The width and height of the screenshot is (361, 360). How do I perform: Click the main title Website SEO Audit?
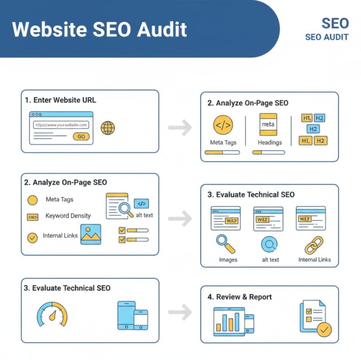99,30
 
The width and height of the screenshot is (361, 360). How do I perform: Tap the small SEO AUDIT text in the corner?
327,37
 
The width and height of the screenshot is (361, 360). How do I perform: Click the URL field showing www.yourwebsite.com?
61,125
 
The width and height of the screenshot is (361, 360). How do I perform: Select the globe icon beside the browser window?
108,128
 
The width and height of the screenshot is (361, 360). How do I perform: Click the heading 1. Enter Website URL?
61,100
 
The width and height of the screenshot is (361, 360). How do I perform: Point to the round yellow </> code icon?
223,125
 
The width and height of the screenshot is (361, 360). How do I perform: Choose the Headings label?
270,143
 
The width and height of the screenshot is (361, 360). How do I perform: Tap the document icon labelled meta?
268,124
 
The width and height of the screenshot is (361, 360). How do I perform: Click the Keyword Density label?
68,216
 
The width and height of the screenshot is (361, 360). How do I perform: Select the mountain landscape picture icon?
91,234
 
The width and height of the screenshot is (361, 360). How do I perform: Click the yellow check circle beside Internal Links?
33,238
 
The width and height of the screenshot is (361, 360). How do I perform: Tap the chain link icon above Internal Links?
314,245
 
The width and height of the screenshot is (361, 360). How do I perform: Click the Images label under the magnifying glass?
228,260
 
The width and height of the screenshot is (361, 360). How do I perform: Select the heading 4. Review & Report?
244,297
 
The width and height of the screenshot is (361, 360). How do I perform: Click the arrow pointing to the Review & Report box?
180,313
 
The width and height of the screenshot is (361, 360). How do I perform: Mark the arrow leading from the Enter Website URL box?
180,128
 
